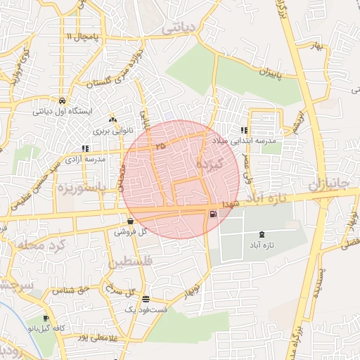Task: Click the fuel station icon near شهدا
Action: (212, 214)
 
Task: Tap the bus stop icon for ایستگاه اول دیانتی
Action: (62, 100)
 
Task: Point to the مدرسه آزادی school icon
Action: (85, 148)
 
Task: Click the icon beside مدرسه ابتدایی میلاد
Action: (243, 130)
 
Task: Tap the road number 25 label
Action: (161, 146)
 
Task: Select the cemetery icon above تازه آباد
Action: (262, 233)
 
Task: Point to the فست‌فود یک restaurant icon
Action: (146, 299)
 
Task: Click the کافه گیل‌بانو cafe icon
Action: (46, 318)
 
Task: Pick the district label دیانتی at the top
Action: (180, 30)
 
